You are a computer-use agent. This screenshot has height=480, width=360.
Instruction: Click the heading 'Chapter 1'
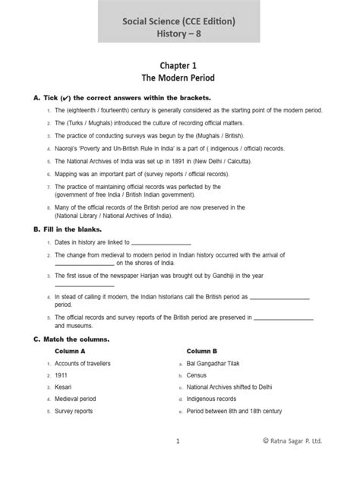coord(179,66)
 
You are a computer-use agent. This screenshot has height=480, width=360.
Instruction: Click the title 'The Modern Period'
coord(179,79)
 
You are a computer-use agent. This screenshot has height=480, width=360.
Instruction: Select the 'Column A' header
coord(70,352)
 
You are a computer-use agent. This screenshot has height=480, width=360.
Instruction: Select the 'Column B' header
coord(202,352)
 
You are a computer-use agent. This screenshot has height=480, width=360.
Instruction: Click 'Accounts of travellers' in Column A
coord(83,364)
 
